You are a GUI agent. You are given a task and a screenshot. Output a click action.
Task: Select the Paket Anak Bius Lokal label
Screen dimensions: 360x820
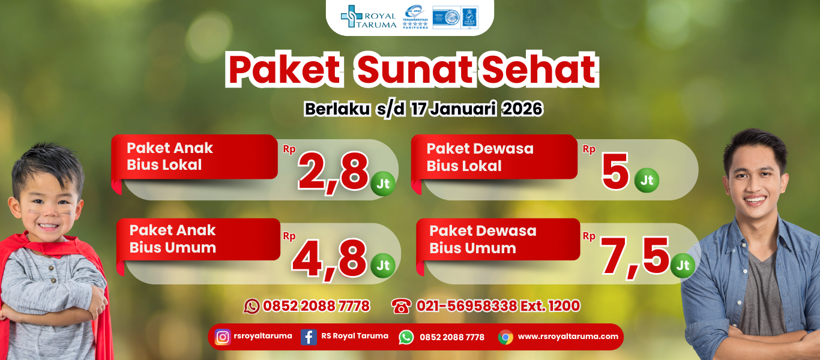pos(170,157)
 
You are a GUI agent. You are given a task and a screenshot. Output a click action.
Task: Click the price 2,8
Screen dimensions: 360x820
pos(333,172)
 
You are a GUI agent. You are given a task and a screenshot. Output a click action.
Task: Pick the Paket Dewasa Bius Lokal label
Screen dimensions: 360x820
pos(480,157)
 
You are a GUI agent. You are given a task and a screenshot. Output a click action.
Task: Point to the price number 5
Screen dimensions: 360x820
pos(615,173)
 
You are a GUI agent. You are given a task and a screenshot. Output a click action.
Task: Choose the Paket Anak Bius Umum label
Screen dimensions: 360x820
pos(173,239)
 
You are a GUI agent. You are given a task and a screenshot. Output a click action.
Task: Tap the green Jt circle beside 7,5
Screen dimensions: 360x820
pos(683,265)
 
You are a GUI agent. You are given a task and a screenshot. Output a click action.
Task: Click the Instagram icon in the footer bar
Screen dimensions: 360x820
pos(223,337)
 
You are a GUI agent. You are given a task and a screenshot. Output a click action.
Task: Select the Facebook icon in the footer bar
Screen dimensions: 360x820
pos(309,337)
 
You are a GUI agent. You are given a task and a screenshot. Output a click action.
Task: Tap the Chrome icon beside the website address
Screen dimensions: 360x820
pos(505,337)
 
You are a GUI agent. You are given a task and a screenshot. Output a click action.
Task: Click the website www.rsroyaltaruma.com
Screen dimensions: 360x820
pos(568,337)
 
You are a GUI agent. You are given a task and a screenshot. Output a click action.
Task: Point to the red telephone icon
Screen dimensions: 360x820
pos(400,307)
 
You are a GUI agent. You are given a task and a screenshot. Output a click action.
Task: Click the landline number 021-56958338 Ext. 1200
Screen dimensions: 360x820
pos(498,306)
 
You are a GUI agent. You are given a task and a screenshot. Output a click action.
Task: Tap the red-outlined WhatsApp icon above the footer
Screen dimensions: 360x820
pos(252,307)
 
